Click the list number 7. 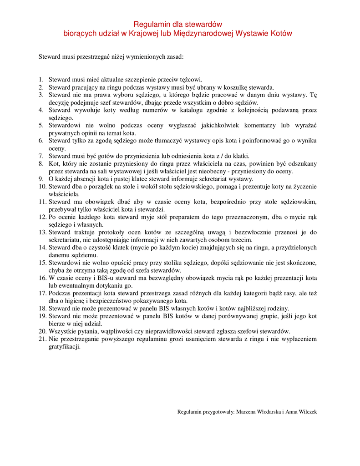coord(41,156)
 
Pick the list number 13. coord(42,232)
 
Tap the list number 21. coord(42,339)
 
